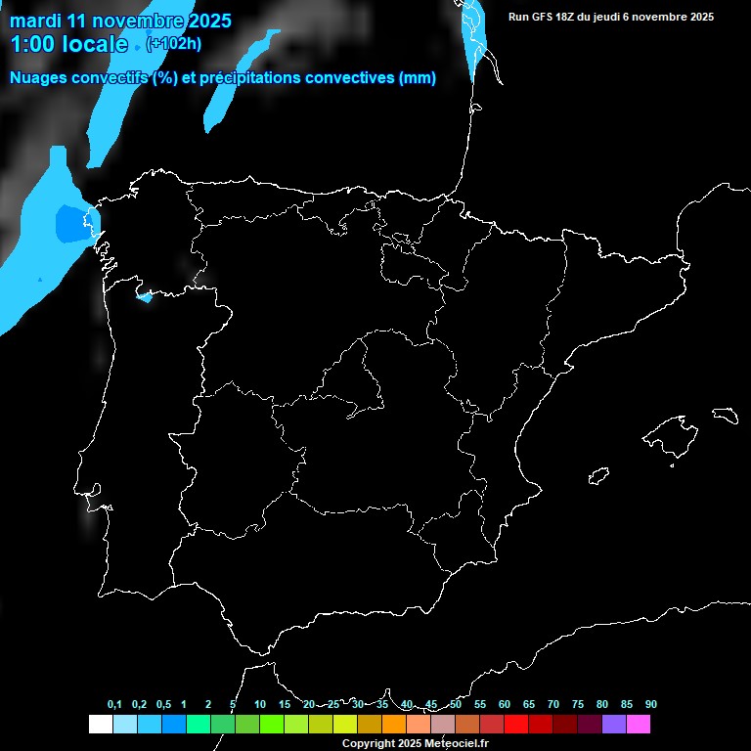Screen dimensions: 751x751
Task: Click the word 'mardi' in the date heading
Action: click(34, 21)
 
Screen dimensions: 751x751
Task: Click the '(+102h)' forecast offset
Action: click(174, 43)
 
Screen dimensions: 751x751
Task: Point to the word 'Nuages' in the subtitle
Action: click(40, 78)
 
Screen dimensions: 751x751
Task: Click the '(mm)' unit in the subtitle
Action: click(418, 78)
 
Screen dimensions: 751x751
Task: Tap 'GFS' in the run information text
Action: click(543, 17)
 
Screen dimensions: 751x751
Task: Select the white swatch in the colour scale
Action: click(100, 725)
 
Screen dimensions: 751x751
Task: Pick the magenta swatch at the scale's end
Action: click(639, 725)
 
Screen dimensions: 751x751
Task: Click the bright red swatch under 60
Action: click(516, 725)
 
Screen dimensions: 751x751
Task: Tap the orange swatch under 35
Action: click(394, 725)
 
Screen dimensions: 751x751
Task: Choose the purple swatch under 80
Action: click(614, 725)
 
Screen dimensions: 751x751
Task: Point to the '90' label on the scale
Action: click(651, 705)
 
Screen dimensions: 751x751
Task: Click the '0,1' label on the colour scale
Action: click(114, 705)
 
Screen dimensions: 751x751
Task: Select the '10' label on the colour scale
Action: click(260, 705)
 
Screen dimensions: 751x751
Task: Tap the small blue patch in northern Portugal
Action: click(146, 295)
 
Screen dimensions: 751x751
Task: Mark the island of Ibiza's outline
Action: click(598, 476)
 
